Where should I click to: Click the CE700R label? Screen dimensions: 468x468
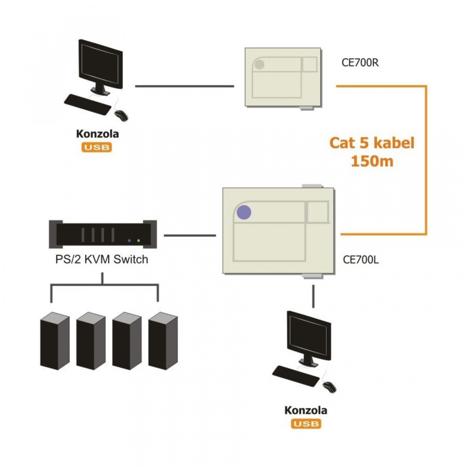[360, 63]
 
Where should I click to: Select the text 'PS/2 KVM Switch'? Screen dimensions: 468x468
[102, 259]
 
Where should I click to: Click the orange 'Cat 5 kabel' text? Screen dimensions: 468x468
[372, 143]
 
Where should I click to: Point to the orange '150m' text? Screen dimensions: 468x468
[372, 161]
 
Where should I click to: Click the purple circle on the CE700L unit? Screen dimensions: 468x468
[244, 212]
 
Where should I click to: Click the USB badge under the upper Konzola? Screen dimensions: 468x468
[97, 147]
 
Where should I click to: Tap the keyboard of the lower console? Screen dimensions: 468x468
[296, 376]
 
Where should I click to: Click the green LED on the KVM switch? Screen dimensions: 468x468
[139, 241]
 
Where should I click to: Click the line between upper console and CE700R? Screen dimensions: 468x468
[185, 86]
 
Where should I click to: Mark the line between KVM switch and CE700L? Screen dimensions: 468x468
[190, 236]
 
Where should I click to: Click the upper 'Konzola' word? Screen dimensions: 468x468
[97, 134]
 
